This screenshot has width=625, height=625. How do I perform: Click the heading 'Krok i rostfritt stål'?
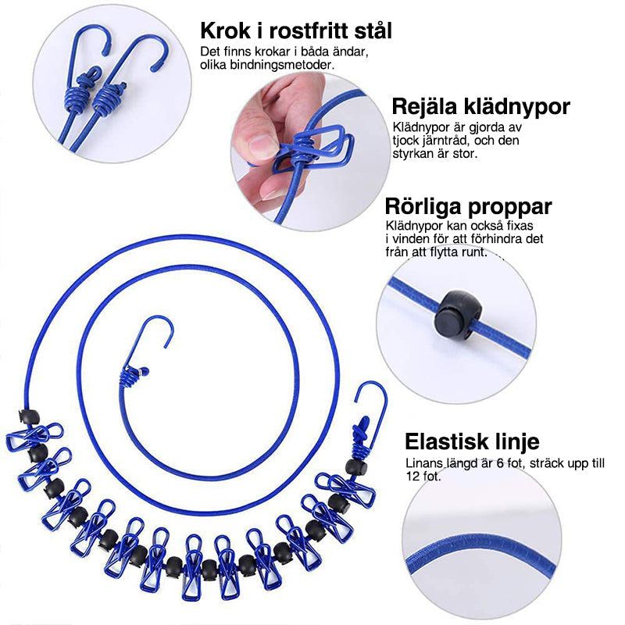[296, 31]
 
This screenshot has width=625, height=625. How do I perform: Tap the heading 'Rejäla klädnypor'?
[480, 107]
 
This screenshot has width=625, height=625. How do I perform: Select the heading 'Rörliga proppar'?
[468, 207]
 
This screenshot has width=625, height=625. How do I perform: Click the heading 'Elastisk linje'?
[471, 441]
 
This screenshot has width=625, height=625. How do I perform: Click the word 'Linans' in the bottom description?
[422, 463]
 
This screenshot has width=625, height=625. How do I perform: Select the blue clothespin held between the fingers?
[313, 148]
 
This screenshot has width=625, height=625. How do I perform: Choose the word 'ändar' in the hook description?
[352, 52]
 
